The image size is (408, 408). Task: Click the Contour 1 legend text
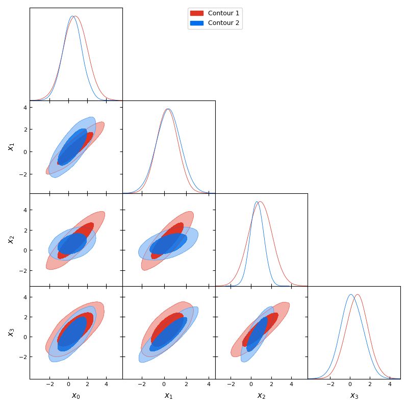click(223, 13)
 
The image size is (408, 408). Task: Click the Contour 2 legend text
click(223, 23)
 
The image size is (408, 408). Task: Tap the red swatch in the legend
click(196, 13)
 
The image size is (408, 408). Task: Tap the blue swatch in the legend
click(196, 23)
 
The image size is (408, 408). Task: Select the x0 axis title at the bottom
click(76, 396)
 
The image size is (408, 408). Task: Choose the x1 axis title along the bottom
click(168, 396)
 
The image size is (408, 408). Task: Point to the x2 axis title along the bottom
click(261, 396)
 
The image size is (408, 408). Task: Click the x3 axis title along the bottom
click(354, 396)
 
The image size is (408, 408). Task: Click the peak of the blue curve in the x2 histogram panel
click(257, 201)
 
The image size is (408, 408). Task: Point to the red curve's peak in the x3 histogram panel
click(358, 294)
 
